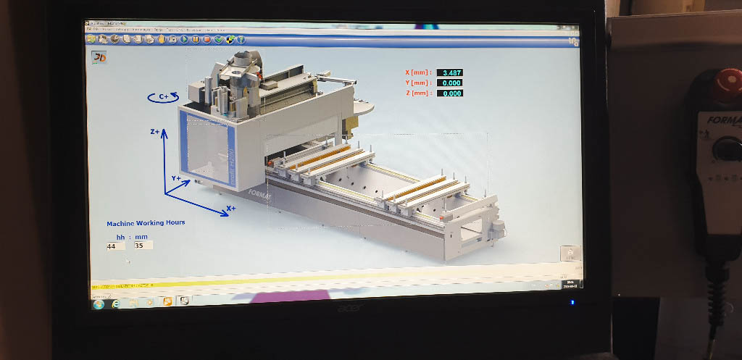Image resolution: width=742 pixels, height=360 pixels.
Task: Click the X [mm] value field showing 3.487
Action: tap(450, 72)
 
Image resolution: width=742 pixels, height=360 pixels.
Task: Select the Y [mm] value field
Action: tap(450, 83)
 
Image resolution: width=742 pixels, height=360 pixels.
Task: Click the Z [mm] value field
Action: tap(450, 93)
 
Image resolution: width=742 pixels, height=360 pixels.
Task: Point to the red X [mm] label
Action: tap(418, 72)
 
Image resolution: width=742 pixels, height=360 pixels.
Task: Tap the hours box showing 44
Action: tap(114, 246)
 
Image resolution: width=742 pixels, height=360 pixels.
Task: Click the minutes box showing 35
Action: tap(142, 246)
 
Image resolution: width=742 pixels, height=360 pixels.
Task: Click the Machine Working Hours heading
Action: tap(146, 223)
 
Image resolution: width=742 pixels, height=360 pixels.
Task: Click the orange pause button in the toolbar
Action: tap(196, 39)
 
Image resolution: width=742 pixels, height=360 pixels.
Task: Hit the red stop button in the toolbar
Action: tap(207, 39)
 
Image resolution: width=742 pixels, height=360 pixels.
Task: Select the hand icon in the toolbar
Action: tap(162, 39)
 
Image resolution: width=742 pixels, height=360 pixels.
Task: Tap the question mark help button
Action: tap(241, 39)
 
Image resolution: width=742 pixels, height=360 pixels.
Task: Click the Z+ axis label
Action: tap(155, 132)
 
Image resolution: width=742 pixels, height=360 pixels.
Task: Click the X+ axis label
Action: tap(231, 208)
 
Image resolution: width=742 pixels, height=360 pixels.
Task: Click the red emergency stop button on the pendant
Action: tap(726, 84)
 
